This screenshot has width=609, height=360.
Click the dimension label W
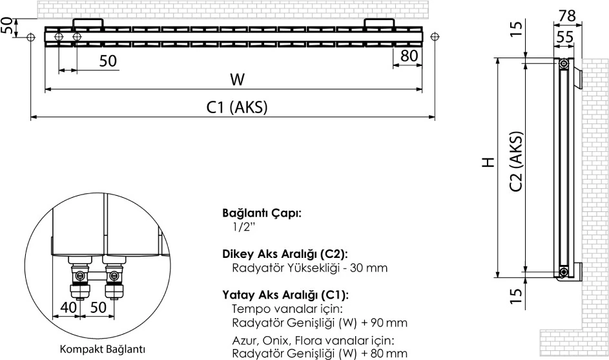pos(238,79)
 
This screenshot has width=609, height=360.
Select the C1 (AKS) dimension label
pos(237,108)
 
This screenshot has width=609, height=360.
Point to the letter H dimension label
pos(488,162)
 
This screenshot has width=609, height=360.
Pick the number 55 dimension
pos(564,37)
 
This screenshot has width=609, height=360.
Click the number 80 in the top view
pos(409,56)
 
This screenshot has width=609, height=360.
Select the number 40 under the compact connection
pos(68,307)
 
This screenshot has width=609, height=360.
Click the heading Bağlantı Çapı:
pos(262,213)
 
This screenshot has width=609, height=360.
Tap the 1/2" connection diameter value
pos(244,228)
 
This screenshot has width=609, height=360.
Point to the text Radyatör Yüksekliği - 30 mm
pos(309,268)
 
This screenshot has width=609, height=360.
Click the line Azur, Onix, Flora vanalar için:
pos(313,339)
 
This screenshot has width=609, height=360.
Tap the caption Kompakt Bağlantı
pos(103,349)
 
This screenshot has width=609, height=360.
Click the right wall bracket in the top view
pos(378,24)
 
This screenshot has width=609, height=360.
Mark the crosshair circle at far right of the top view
pos(435,37)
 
